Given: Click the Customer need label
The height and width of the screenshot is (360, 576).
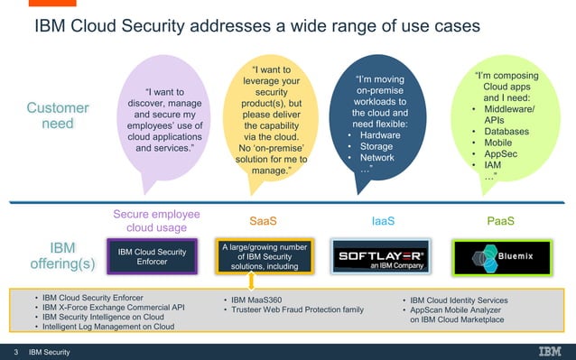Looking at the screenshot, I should pyautogui.click(x=58, y=115).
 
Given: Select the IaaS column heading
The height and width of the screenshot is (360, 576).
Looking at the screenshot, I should pyautogui.click(x=383, y=220).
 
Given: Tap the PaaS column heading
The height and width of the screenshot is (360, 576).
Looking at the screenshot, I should pyautogui.click(x=502, y=220).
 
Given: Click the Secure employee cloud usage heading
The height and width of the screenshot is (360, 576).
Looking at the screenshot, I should pyautogui.click(x=156, y=220).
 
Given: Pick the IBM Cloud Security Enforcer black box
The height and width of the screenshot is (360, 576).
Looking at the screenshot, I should pyautogui.click(x=153, y=255).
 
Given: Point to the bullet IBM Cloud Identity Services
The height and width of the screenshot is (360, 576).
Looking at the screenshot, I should pyautogui.click(x=458, y=300).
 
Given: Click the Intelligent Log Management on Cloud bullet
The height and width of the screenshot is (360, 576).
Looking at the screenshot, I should pyautogui.click(x=104, y=327).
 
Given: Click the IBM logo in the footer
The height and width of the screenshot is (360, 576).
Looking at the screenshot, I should pyautogui.click(x=550, y=351).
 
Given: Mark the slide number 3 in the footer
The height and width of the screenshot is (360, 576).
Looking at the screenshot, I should pyautogui.click(x=15, y=351).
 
